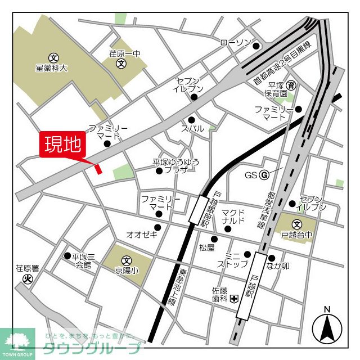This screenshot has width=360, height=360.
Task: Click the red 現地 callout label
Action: (62, 145)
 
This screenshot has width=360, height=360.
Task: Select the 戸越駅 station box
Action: (252, 286)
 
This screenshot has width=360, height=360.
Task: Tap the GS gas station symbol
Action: (263, 174)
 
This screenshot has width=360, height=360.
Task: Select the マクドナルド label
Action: (233, 216)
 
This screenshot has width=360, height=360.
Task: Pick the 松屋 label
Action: (207, 247)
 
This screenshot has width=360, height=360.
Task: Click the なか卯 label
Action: (278, 266)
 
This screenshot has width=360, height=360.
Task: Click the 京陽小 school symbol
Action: (127, 261)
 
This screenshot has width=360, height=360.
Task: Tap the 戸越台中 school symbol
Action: (297, 224)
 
